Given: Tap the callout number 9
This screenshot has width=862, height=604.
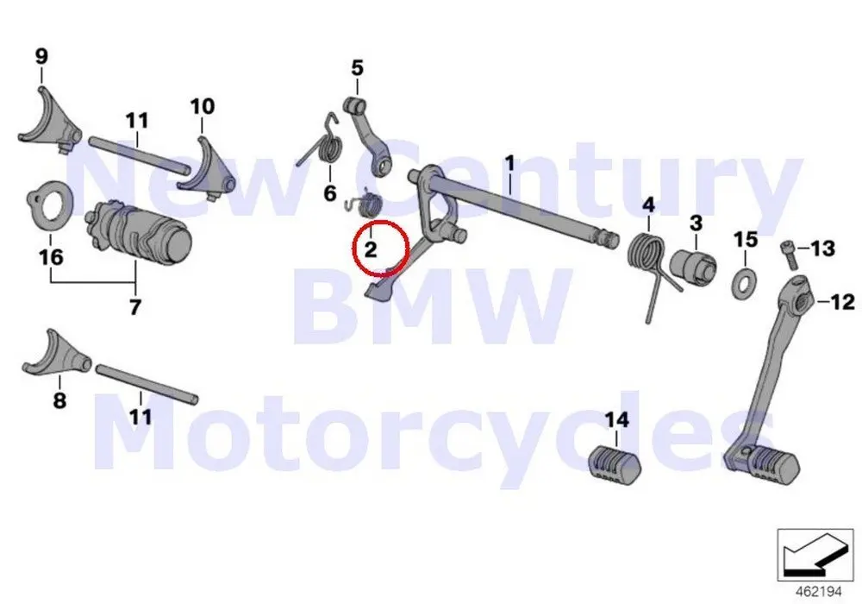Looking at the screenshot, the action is (x=41, y=57).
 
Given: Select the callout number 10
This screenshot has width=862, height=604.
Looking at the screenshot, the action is (x=203, y=106).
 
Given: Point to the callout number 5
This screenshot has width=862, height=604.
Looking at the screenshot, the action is (x=357, y=67).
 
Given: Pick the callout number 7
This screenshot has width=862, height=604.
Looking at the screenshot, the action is (x=134, y=307).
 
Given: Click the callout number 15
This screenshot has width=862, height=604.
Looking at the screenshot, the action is (x=745, y=239).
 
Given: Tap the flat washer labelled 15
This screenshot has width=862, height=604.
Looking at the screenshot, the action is (x=740, y=282).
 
